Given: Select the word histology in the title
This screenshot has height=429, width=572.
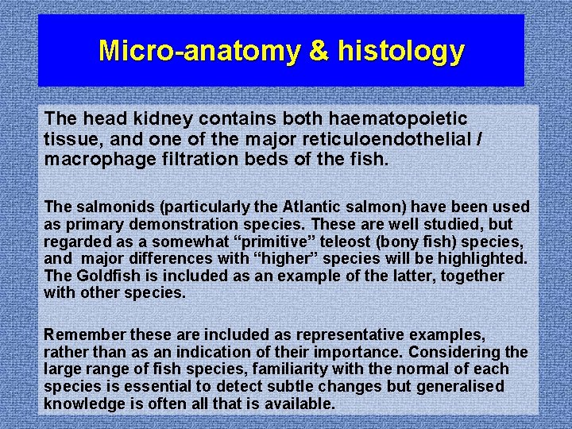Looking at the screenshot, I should pyautogui.click(x=400, y=51).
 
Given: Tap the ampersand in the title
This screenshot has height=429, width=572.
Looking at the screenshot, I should pyautogui.click(x=317, y=51).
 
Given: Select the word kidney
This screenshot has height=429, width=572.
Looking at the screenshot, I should pyautogui.click(x=162, y=118).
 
